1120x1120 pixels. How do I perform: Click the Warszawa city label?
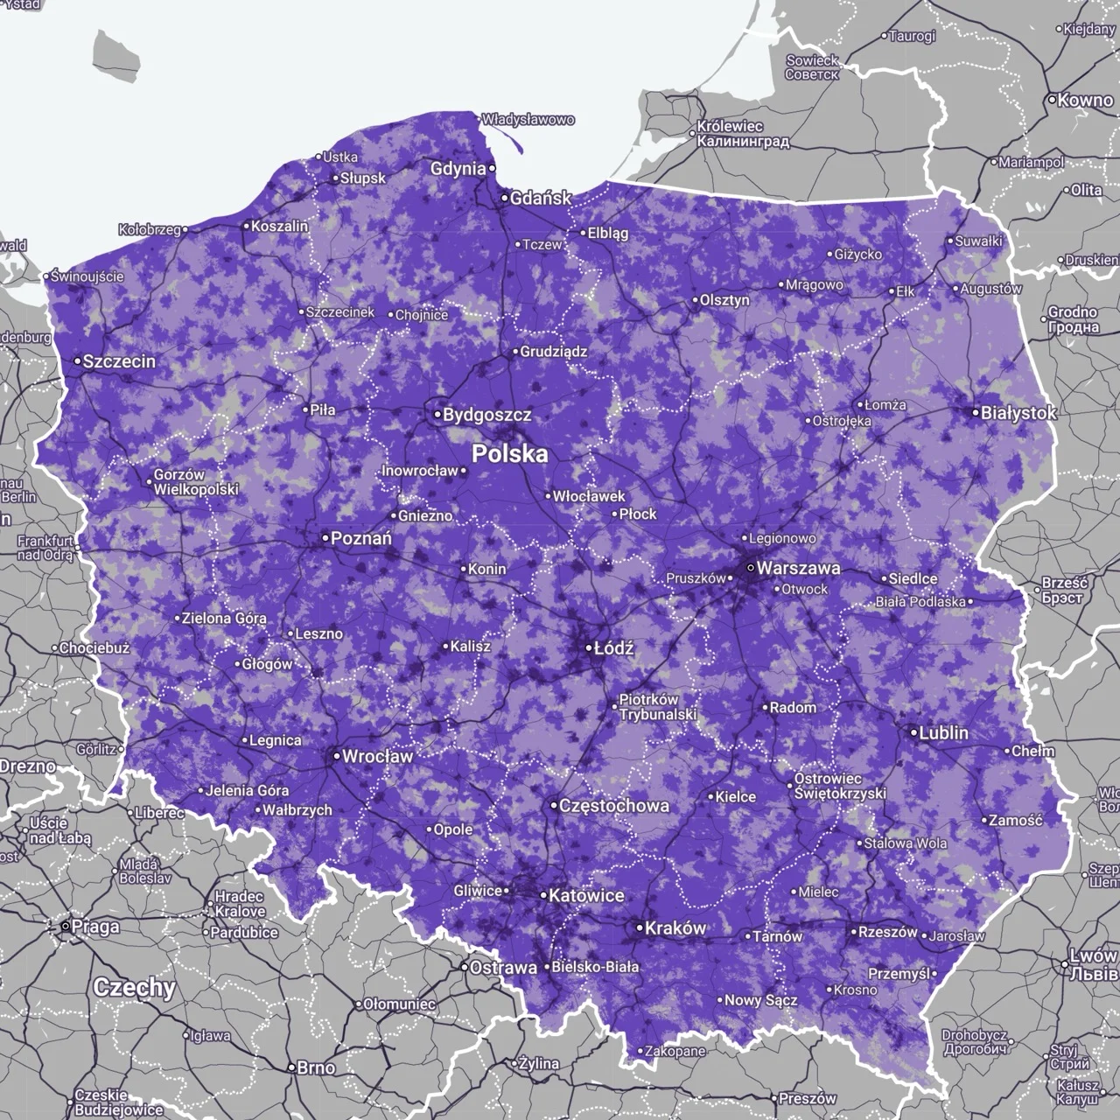(x=798, y=568)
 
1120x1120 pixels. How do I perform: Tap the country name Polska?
(x=510, y=453)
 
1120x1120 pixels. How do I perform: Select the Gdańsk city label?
(x=541, y=199)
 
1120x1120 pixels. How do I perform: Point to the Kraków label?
(x=675, y=928)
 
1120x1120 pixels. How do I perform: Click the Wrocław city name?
(x=377, y=756)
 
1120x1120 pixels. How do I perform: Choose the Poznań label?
(x=361, y=538)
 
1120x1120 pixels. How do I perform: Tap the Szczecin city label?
(x=119, y=360)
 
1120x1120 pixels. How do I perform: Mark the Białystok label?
(x=1018, y=412)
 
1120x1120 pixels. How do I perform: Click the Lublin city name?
(x=943, y=732)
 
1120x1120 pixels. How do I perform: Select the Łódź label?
(x=613, y=648)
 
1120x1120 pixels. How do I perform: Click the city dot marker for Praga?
(x=66, y=925)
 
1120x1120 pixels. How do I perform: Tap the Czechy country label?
(x=134, y=988)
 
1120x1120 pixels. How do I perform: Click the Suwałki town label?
(x=978, y=241)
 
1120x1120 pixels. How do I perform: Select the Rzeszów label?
(x=887, y=932)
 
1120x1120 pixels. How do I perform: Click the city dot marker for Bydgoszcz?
(x=437, y=414)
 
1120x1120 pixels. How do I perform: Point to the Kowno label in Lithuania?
(x=1085, y=100)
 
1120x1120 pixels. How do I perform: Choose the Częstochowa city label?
(x=613, y=805)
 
